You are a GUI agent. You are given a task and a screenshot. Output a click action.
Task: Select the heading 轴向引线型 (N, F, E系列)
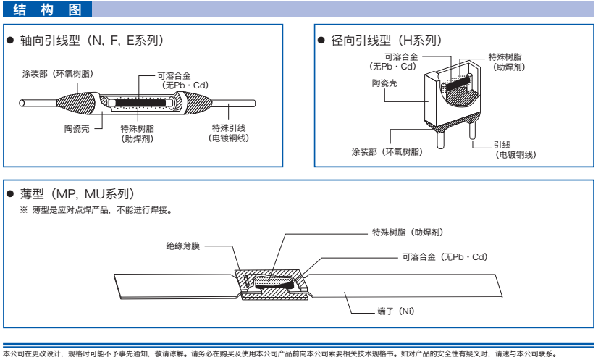point(91,41)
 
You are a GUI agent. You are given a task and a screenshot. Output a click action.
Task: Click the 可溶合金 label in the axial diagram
point(174,75)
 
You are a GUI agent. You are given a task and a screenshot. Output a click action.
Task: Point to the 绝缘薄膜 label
point(181,246)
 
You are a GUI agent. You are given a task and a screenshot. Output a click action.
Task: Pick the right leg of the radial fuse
point(471,131)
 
